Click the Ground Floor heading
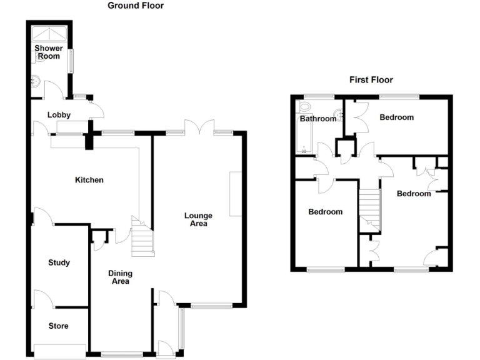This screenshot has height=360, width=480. point(136,6)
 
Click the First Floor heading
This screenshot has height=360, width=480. point(371,80)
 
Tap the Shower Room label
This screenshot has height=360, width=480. point(47,52)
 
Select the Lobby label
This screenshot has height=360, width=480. point(59,115)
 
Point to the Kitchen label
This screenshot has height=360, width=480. point(89,180)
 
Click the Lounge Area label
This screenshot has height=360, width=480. point(197,219)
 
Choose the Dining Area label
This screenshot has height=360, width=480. point(120,277)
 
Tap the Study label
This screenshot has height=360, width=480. point(59,263)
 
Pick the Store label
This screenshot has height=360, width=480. point(59,326)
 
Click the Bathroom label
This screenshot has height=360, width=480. point(317,119)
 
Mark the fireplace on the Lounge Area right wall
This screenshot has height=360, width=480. point(236,194)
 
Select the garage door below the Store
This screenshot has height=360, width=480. point(60,352)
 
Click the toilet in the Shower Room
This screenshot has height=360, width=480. point(35,80)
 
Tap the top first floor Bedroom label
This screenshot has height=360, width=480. point(396,117)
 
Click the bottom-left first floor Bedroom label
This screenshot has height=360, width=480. point(326,212)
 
